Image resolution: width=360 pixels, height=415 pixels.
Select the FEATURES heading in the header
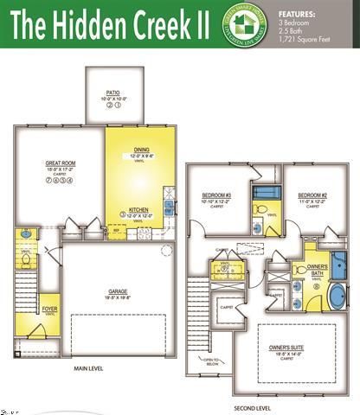298,14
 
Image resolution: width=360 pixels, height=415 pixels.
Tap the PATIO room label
112,91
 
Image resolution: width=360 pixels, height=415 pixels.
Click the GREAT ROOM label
60,163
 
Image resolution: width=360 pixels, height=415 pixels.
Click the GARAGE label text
118,291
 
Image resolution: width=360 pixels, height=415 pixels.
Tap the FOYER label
51,308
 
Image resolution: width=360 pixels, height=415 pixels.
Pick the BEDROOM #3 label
215,195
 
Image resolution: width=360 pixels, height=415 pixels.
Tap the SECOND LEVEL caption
252,406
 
